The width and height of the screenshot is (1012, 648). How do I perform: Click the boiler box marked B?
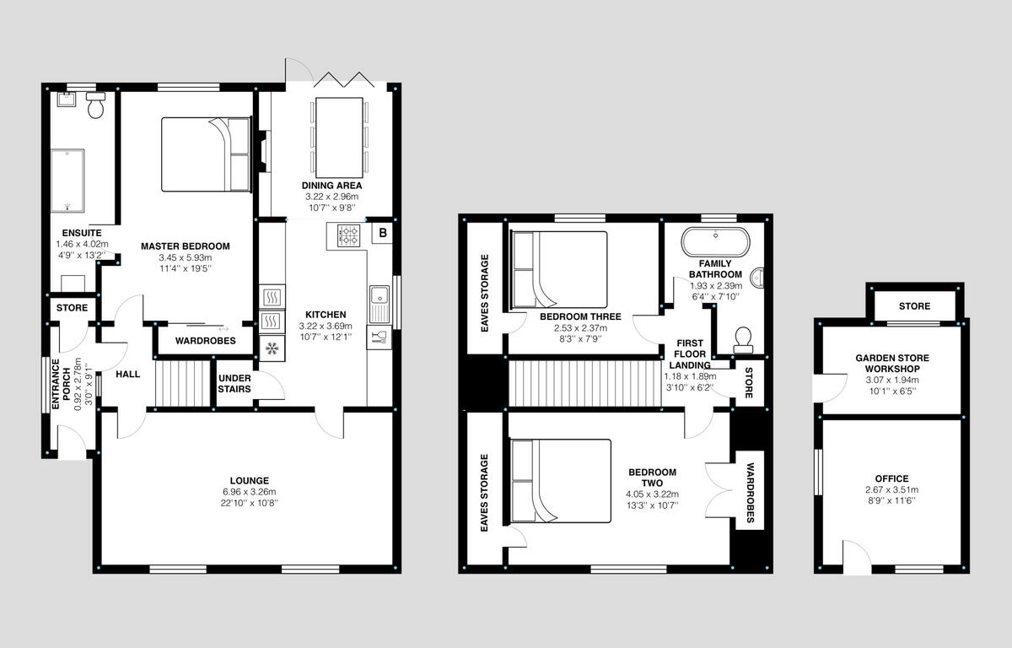click(x=383, y=233)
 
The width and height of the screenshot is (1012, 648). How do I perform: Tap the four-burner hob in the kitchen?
click(x=349, y=235)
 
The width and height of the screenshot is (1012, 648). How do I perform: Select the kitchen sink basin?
click(x=379, y=295)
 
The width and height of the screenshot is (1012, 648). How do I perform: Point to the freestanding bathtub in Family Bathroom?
click(x=715, y=242)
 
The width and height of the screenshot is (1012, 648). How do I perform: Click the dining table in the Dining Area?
click(x=339, y=138)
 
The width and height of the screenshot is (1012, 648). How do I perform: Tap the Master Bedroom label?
click(x=186, y=246)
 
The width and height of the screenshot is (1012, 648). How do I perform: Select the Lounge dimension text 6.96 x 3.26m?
click(x=250, y=492)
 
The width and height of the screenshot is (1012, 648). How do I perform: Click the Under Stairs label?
click(x=234, y=384)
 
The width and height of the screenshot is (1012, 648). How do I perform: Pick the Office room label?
click(x=892, y=478)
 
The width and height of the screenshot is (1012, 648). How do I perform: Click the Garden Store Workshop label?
click(x=892, y=364)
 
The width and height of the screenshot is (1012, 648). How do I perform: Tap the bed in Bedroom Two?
click(x=561, y=481)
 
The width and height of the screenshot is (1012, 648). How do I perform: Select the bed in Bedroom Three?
click(x=559, y=270)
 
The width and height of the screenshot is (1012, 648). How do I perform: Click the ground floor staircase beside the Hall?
click(x=183, y=383)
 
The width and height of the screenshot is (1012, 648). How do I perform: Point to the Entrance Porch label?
click(x=61, y=384)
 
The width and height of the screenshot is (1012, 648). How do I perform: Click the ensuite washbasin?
click(x=67, y=100)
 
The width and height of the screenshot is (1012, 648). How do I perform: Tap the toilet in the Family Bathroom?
click(x=743, y=340)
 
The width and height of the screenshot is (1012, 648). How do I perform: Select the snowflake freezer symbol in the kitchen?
click(x=272, y=348)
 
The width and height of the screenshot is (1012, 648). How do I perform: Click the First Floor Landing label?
click(x=690, y=354)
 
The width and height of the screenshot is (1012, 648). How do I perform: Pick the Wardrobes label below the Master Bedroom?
click(x=206, y=341)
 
